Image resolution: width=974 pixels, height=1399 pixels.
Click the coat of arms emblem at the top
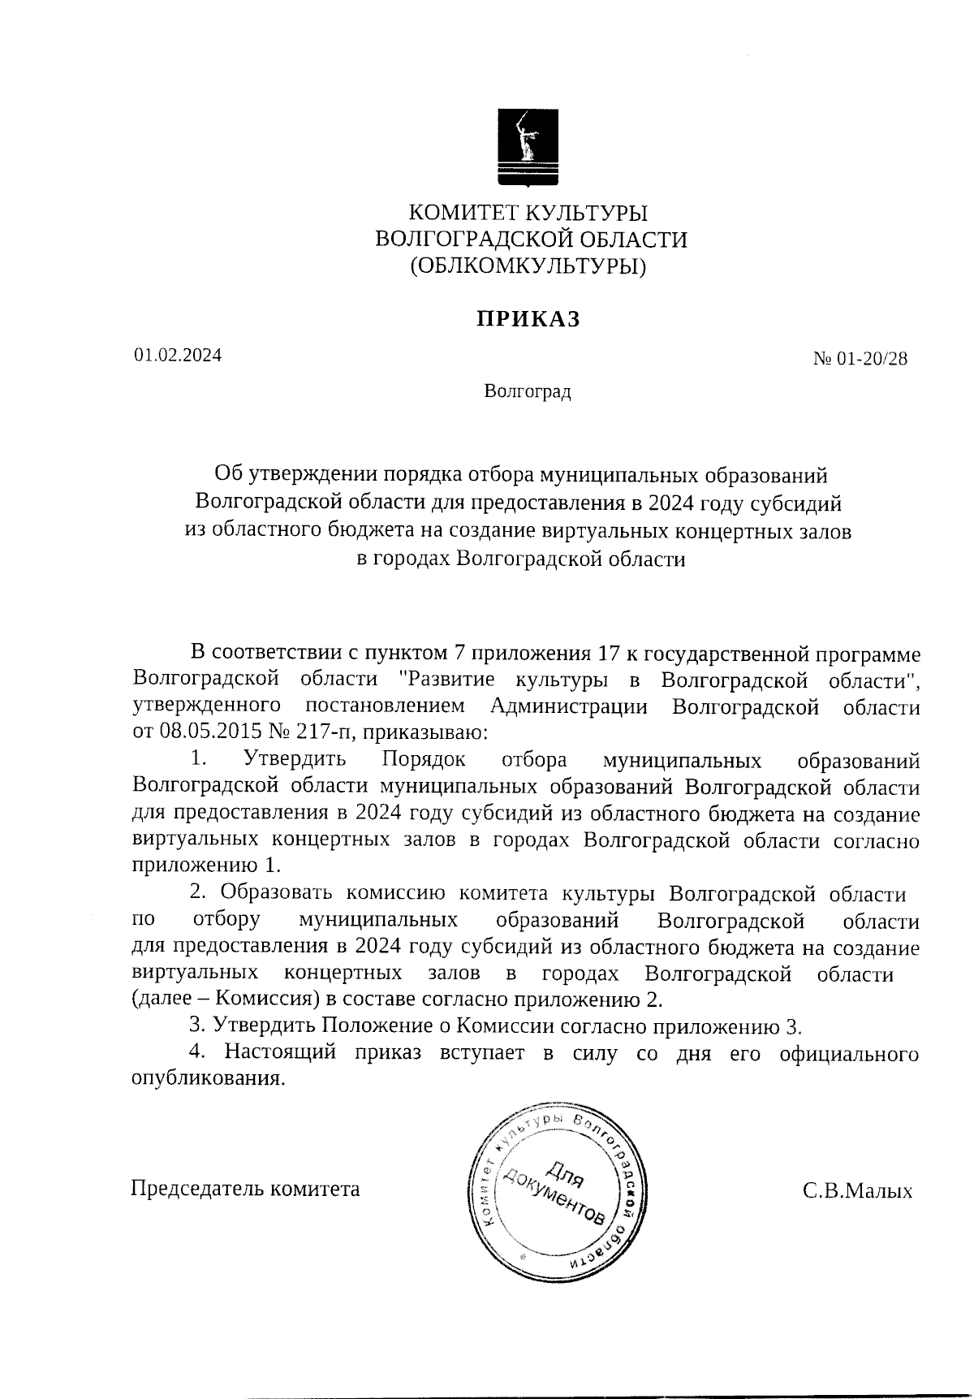point(528,147)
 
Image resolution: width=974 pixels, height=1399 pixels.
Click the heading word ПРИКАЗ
point(528,319)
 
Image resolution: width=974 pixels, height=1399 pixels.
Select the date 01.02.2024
point(178,356)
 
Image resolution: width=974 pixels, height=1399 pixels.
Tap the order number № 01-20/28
point(860,359)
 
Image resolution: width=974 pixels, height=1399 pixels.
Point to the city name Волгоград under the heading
point(528,392)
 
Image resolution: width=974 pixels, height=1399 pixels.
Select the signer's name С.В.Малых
point(857,1191)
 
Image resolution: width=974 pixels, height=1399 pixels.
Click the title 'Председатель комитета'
point(245,1189)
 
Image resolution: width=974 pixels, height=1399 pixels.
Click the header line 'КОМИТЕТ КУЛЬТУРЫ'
point(528,213)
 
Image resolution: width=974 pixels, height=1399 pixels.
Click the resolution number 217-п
point(325,732)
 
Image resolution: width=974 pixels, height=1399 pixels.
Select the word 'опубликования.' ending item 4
point(209,1080)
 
